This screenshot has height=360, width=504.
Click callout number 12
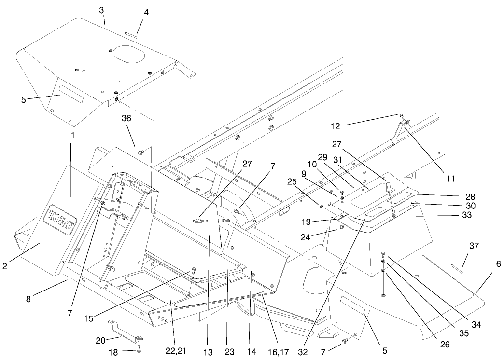click(x=336, y=126)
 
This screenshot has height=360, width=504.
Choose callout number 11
click(x=450, y=178)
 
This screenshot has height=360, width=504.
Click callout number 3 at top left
click(x=102, y=9)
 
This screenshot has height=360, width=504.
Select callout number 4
click(x=146, y=13)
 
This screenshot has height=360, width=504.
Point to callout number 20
click(x=100, y=340)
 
